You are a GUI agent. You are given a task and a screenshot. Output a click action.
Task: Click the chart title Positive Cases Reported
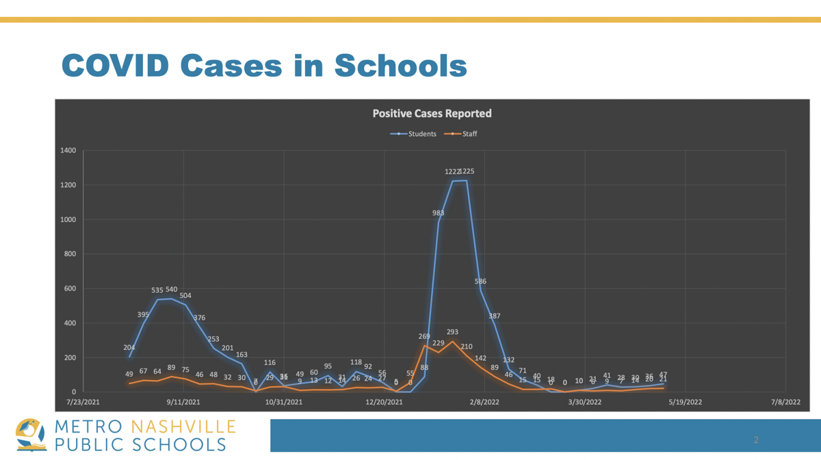(x=432, y=113)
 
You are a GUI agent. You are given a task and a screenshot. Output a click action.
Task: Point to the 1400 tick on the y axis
(x=68, y=150)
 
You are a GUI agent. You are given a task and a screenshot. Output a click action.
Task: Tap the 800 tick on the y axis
(x=70, y=254)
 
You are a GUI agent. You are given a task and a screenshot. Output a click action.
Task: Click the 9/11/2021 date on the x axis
(x=183, y=402)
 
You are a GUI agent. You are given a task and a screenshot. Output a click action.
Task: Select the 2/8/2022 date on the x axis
(x=484, y=402)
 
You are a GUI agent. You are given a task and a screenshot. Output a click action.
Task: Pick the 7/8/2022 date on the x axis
(x=785, y=402)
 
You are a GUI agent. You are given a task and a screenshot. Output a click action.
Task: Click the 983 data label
(x=438, y=213)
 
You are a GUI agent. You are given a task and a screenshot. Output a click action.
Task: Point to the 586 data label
(x=480, y=282)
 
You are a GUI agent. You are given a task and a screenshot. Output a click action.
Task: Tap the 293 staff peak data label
(x=452, y=332)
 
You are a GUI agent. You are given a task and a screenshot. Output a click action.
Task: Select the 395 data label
(x=143, y=315)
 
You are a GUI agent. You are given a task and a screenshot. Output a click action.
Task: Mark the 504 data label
(x=185, y=296)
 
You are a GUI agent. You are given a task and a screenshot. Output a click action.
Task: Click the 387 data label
(x=495, y=316)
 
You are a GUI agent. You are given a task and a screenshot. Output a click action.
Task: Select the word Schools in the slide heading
(x=400, y=66)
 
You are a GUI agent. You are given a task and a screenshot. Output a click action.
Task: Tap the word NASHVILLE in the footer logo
(x=183, y=428)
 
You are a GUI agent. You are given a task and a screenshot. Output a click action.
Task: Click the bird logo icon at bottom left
(x=31, y=435)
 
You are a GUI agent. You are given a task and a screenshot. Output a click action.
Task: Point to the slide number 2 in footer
(x=756, y=439)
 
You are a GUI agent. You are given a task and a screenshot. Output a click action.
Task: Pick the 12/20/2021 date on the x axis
(x=384, y=402)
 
